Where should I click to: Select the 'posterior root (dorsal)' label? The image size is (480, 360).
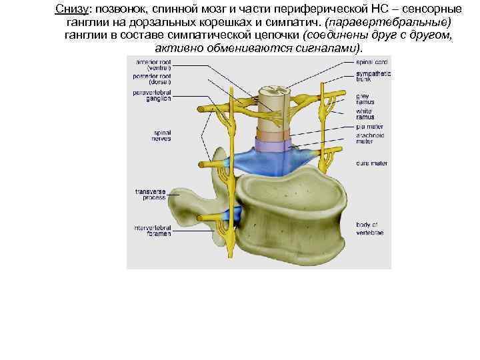[153, 79]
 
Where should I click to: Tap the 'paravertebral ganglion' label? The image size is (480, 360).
[153, 96]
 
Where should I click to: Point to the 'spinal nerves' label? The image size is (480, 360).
[162, 135]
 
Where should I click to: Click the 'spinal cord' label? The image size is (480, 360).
[371, 62]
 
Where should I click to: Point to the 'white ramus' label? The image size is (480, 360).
[364, 114]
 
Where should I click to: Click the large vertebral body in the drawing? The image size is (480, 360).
[293, 213]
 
